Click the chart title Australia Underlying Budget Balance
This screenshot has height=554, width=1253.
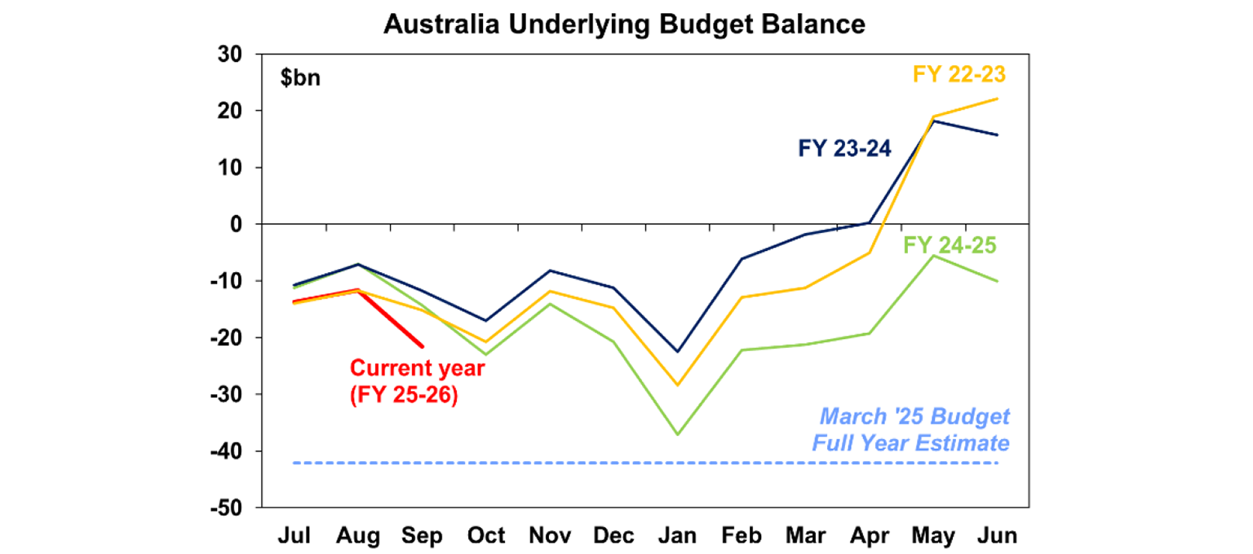[x=624, y=24]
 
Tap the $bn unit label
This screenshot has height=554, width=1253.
[x=301, y=78]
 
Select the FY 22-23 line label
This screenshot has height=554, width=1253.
[x=959, y=74]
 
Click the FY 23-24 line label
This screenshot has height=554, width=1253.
[x=843, y=148]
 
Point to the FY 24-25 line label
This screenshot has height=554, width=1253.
[x=950, y=245]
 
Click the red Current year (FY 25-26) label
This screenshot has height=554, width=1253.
[x=417, y=381]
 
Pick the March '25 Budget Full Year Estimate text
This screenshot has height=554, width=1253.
[x=914, y=430]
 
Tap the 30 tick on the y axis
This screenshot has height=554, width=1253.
[x=233, y=54]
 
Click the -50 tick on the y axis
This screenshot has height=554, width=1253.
[x=228, y=508]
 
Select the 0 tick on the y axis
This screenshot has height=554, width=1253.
[x=241, y=224]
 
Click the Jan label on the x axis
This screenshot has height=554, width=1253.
[x=676, y=536]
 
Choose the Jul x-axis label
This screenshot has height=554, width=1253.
[x=293, y=536]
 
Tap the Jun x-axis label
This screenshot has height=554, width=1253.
[x=997, y=536]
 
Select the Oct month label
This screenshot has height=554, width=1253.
[x=485, y=536]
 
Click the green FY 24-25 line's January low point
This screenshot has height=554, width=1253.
[x=676, y=434]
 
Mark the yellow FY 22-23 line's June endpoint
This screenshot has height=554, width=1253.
[x=997, y=99]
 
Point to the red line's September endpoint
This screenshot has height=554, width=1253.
[x=422, y=346]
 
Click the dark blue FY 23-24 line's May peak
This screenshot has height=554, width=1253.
[x=933, y=121]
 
